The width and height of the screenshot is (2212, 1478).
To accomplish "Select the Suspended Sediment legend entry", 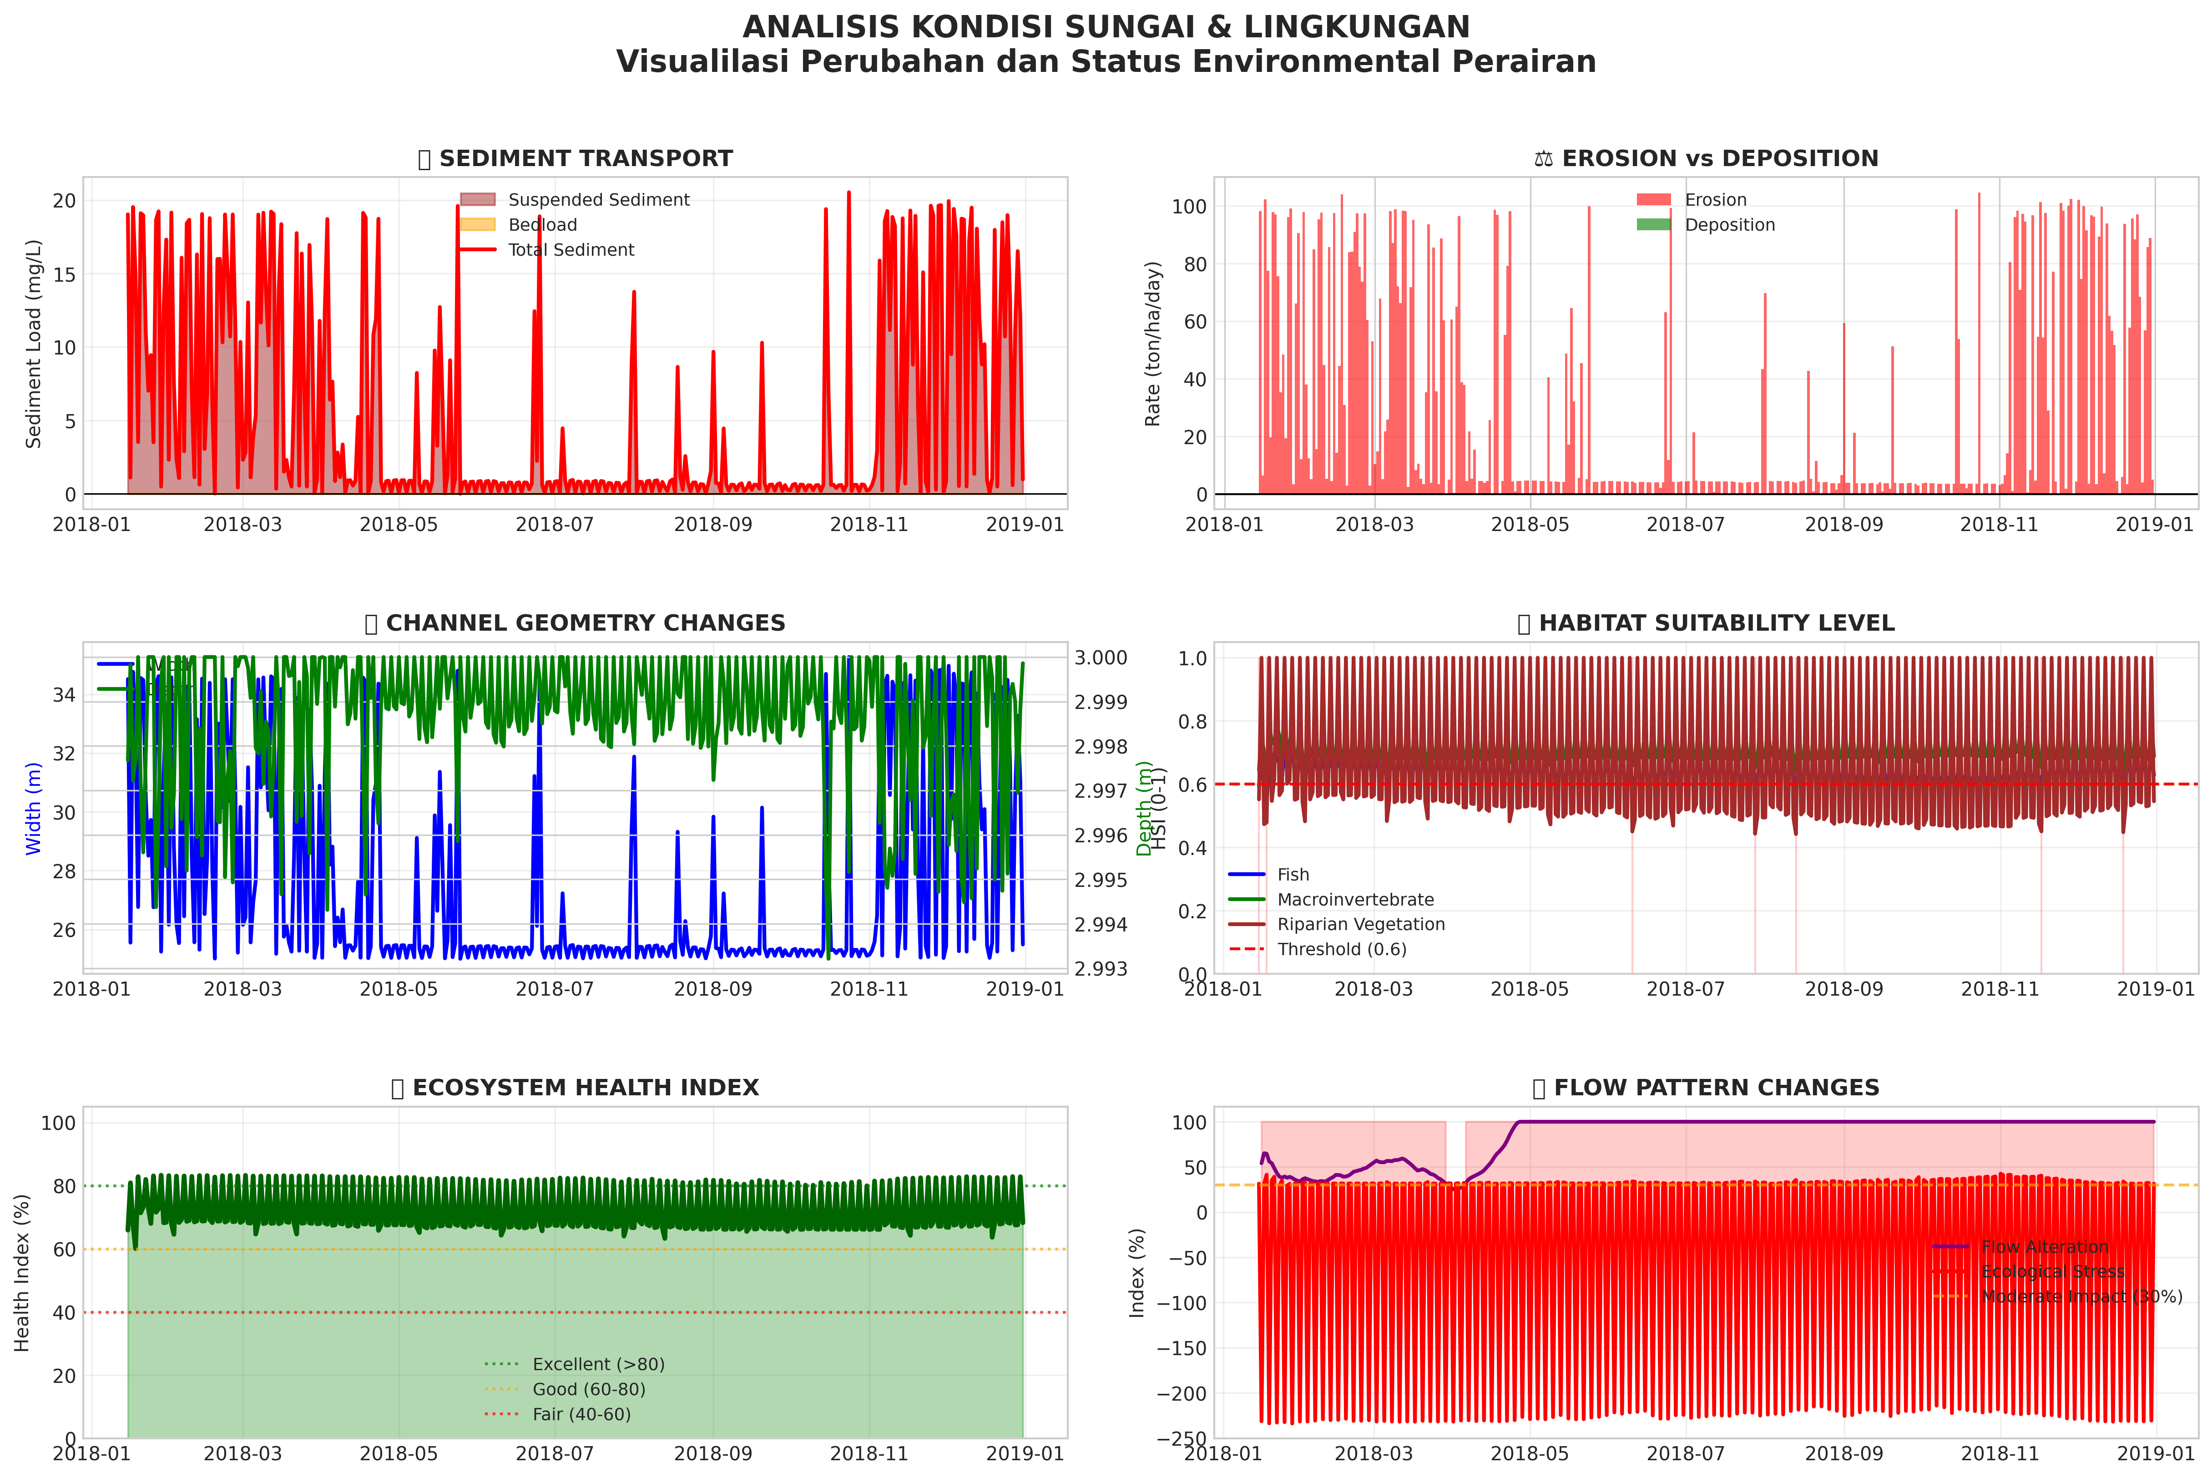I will (x=598, y=200).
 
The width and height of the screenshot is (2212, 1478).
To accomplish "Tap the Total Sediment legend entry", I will (x=570, y=250).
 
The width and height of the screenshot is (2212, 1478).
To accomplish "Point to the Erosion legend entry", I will (x=1715, y=200).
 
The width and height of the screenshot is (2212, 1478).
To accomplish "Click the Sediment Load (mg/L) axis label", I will (x=34, y=344).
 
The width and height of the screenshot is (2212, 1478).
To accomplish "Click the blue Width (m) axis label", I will (x=34, y=809).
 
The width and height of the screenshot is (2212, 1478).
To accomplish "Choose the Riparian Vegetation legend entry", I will (x=1360, y=925).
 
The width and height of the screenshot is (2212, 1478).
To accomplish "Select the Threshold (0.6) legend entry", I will (x=1341, y=949).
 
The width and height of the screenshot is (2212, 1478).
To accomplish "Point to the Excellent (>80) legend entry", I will (x=598, y=1364).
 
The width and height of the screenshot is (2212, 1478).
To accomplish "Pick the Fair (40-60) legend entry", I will (x=581, y=1414).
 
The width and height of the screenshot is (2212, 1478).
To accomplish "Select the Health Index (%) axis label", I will (x=23, y=1272).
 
